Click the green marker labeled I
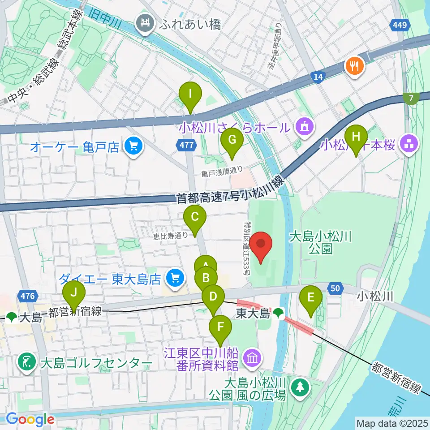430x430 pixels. pyautogui.click(x=190, y=95)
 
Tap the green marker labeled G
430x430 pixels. pyautogui.click(x=232, y=140)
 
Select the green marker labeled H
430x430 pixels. pyautogui.click(x=356, y=137)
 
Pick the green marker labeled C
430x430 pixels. pyautogui.click(x=195, y=218)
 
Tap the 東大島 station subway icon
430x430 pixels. pyautogui.click(x=279, y=313)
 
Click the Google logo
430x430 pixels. pyautogui.click(x=30, y=419)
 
